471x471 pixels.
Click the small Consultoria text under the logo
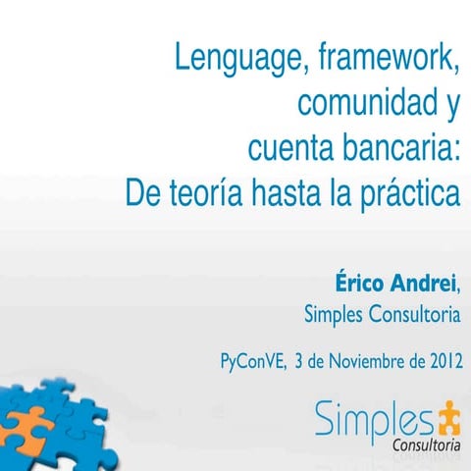(426, 447)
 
